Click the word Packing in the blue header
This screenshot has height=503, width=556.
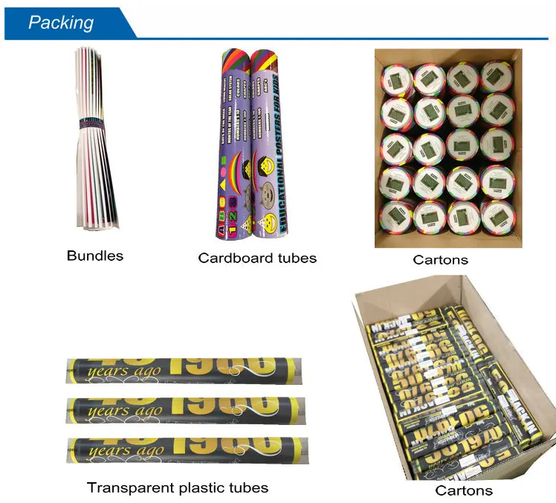tap(62, 22)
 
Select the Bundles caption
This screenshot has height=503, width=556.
tap(95, 256)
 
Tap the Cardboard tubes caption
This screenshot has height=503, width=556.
tap(257, 258)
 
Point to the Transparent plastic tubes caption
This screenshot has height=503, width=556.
tap(178, 487)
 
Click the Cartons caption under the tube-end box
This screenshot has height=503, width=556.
tap(441, 259)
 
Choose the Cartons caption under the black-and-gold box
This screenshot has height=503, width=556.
tap(464, 490)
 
